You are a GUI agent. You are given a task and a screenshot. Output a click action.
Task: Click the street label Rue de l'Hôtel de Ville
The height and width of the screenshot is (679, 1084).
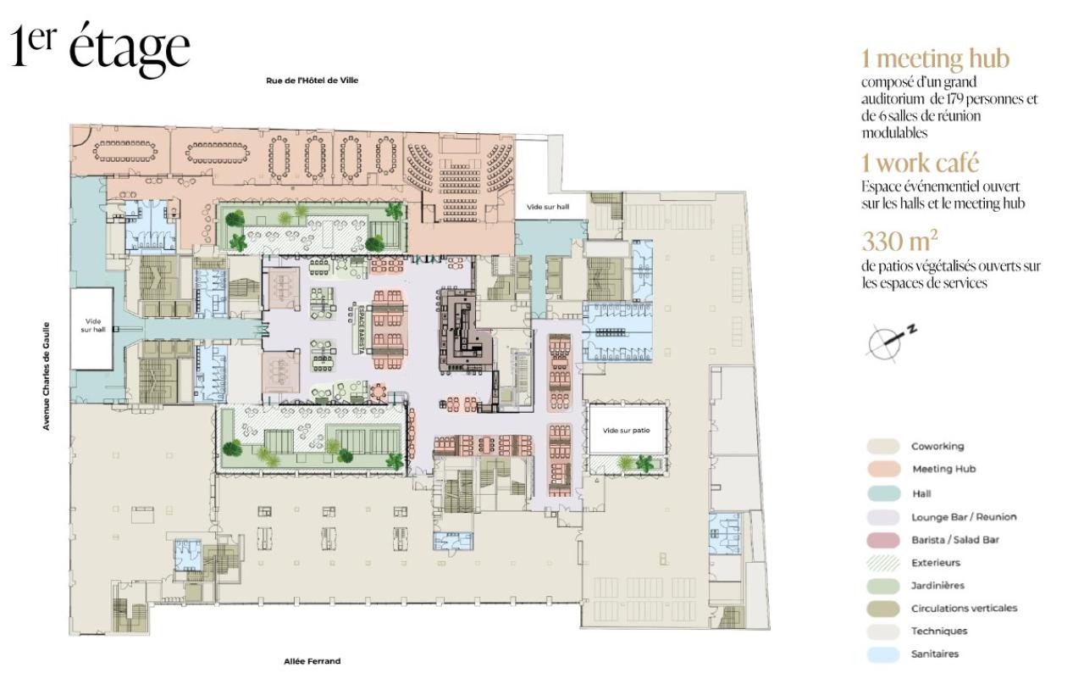point(312,81)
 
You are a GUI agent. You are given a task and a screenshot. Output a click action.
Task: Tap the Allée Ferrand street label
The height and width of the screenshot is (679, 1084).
point(312,661)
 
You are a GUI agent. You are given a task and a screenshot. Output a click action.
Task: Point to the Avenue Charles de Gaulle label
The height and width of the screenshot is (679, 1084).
point(47,376)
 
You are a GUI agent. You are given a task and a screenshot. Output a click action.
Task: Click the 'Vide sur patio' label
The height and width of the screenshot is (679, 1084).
point(626,430)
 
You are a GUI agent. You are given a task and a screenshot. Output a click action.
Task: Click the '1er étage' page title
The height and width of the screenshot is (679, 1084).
point(100,48)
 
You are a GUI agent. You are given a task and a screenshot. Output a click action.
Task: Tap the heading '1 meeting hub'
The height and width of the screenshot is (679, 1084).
point(935,58)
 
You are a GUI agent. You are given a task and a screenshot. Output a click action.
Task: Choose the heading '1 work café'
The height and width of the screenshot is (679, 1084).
point(920,163)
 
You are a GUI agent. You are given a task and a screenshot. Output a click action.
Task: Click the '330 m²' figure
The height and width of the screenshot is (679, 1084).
point(899,241)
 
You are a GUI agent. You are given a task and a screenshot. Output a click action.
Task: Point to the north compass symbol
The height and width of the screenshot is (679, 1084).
point(888,341)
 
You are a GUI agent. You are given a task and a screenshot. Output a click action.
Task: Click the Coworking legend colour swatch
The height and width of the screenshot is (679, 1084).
point(883,446)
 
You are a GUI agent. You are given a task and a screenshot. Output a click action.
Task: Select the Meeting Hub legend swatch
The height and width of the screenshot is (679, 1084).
point(883,469)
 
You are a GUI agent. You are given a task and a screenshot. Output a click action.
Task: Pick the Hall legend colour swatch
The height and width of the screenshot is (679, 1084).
point(883,493)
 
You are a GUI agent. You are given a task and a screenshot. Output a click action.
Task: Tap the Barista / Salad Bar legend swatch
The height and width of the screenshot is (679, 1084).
point(883,539)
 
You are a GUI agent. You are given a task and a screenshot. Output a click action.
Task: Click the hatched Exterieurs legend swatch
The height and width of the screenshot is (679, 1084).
point(883,563)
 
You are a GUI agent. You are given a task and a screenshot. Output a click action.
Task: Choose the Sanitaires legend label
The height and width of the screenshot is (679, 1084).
point(934,654)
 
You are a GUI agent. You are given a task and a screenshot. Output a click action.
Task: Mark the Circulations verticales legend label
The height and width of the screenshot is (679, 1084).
point(964,608)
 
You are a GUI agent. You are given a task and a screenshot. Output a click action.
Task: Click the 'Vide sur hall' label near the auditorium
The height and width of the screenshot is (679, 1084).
point(548,207)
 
